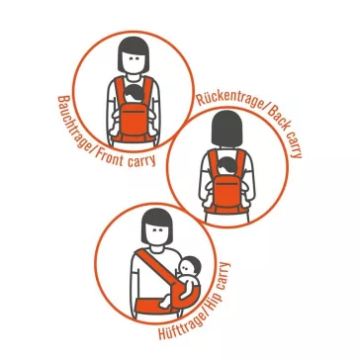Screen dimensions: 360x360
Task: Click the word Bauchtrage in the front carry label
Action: (x=73, y=124)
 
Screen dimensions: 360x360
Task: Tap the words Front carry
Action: (x=126, y=158)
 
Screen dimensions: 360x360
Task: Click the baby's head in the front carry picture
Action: (x=133, y=93)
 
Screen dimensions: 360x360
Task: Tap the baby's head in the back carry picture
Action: (x=226, y=167)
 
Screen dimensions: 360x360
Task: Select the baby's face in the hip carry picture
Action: (x=187, y=265)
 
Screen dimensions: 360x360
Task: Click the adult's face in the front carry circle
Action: (x=134, y=62)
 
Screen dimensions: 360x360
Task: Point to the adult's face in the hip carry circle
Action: (x=157, y=233)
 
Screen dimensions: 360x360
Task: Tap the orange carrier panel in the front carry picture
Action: (x=134, y=120)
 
